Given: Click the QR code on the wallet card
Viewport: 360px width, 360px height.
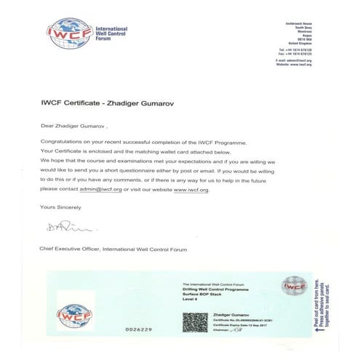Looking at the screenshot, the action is tap(193, 321).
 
